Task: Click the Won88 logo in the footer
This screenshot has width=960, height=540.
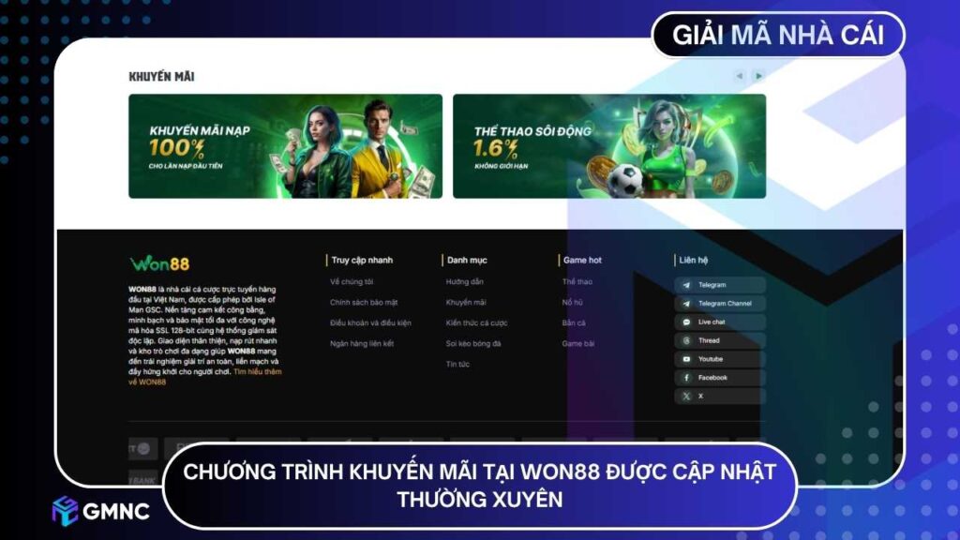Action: click(159, 263)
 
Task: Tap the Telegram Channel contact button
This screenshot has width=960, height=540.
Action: click(719, 304)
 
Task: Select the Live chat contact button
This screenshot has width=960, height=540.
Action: click(719, 322)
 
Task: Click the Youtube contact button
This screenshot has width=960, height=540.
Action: click(719, 359)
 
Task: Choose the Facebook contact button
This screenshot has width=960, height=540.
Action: click(719, 378)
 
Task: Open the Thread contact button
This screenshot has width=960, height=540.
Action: click(719, 340)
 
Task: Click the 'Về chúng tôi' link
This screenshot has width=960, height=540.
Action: click(352, 282)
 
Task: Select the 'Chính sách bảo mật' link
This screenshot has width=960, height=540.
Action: click(364, 303)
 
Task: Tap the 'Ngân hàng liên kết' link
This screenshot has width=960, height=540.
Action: click(362, 344)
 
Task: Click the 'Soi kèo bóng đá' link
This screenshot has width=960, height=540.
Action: click(473, 344)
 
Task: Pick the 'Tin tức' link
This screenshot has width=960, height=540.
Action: click(458, 364)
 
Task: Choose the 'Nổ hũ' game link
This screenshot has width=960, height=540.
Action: click(573, 303)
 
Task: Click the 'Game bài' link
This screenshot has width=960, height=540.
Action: click(578, 344)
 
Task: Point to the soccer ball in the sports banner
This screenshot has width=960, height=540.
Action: click(625, 179)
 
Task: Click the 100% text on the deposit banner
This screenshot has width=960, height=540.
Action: click(177, 147)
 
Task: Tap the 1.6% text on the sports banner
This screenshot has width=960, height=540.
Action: click(497, 148)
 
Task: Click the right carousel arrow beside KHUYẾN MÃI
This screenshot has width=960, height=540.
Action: click(758, 76)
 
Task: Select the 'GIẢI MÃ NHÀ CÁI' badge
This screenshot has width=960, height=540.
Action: click(778, 36)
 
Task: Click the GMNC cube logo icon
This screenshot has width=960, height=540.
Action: click(65, 511)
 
